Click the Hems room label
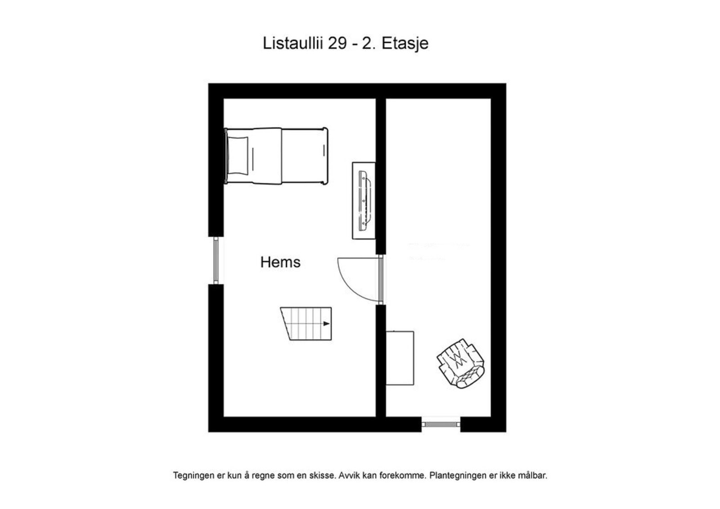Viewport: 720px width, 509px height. (x=280, y=262)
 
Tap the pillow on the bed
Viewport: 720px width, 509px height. (x=238, y=156)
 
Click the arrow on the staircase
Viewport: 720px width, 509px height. (x=326, y=324)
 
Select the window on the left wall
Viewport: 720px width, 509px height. (x=216, y=260)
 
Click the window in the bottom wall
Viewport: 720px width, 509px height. (x=441, y=424)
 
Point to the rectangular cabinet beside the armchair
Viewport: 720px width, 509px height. (x=400, y=358)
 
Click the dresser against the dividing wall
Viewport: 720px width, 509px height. (x=364, y=201)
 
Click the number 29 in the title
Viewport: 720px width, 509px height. (x=337, y=44)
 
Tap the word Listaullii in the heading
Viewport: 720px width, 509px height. (x=293, y=44)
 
